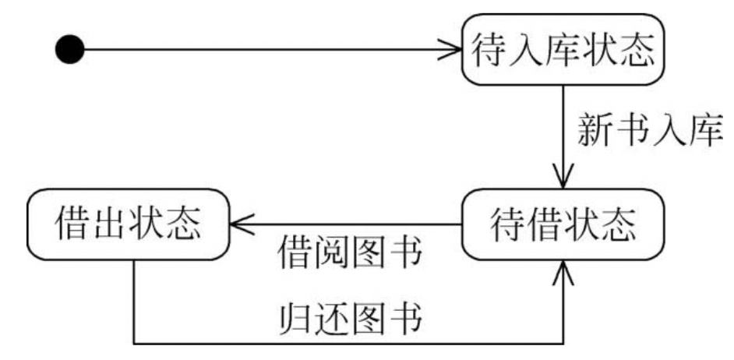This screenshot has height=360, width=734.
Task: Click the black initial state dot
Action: point(69,51)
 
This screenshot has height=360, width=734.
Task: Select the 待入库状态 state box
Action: point(562,50)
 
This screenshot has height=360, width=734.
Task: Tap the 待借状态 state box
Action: point(562,225)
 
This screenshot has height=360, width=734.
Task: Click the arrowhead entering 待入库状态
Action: point(453,51)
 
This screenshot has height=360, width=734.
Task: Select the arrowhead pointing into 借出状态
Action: point(238,225)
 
